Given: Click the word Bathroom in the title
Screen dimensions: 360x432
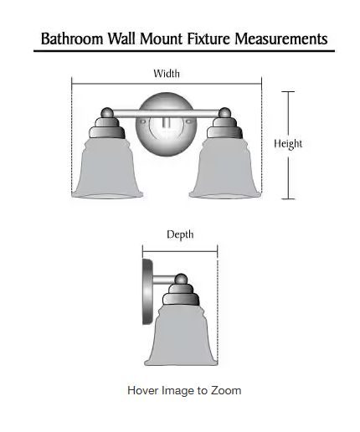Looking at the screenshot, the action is (x=72, y=39).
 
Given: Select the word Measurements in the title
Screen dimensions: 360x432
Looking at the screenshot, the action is (x=281, y=39).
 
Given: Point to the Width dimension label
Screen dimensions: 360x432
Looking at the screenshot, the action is (x=167, y=74).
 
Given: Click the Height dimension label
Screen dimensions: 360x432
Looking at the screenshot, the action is (x=288, y=144).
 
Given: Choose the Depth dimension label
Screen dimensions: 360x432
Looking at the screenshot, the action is (x=180, y=234).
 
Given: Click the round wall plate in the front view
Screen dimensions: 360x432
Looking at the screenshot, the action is (x=166, y=124).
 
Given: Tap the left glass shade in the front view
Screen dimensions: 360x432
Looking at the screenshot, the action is (x=107, y=167).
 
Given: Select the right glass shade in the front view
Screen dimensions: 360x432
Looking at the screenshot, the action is (x=225, y=167).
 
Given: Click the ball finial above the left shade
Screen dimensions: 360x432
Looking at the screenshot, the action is (x=106, y=113).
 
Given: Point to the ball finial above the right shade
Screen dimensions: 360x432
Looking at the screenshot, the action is (x=224, y=113).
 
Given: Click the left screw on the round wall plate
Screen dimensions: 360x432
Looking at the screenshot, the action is (x=143, y=121).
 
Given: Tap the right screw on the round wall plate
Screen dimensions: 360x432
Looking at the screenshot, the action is (x=188, y=121).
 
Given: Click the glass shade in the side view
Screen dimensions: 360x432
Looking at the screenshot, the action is (x=181, y=335).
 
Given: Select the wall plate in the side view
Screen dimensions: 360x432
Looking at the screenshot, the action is (x=147, y=292).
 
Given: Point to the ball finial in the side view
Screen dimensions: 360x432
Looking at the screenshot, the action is (x=181, y=279).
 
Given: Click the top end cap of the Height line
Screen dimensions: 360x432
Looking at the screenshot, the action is (x=288, y=91).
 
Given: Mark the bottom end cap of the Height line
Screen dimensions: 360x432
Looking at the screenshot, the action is (x=288, y=199).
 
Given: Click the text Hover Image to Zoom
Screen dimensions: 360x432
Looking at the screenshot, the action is (x=184, y=390).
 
